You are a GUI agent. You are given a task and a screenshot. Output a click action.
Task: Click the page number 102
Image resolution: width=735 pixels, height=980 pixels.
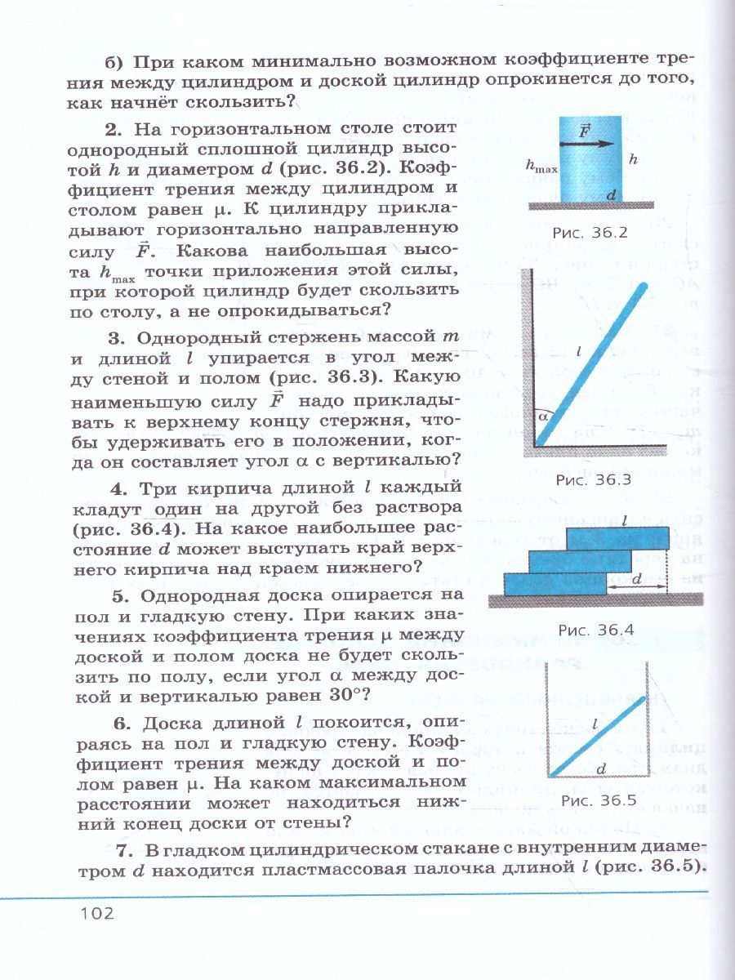coord(96,911)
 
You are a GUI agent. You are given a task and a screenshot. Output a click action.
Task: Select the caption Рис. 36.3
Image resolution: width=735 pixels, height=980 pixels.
coord(594,479)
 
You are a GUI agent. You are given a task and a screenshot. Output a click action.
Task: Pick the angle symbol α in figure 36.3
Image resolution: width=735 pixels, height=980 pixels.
coord(545,416)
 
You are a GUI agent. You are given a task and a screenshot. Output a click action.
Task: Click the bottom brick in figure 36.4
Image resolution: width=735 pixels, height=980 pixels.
coord(555,583)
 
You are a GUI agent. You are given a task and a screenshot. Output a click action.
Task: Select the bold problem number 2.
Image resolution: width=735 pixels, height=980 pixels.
coord(113,130)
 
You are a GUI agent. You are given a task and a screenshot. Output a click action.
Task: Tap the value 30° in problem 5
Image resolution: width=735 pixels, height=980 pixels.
coord(349,695)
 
